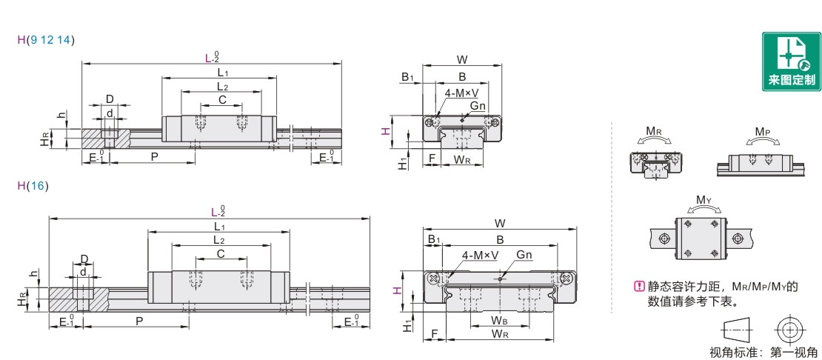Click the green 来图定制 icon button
click(x=791, y=61)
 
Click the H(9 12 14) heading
click(x=46, y=39)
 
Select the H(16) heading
click(x=33, y=185)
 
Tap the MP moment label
click(x=763, y=130)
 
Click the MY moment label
click(x=704, y=200)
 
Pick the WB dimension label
click(x=498, y=320)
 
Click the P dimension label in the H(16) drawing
click(x=139, y=321)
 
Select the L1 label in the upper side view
click(x=222, y=73)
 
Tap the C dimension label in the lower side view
click(x=221, y=253)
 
